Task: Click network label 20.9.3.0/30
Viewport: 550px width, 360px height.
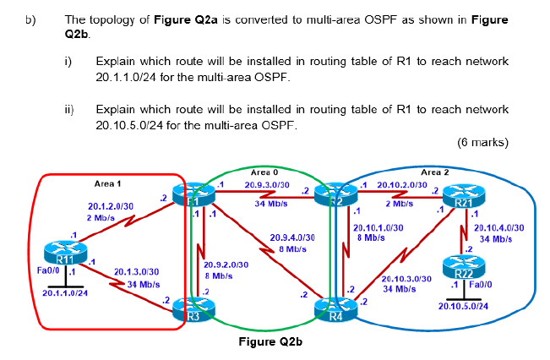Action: coord(267,184)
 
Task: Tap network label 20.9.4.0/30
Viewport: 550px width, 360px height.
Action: coord(292,238)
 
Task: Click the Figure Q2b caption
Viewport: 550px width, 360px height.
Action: coord(268,342)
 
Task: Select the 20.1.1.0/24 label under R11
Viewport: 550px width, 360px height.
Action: coord(65,293)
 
